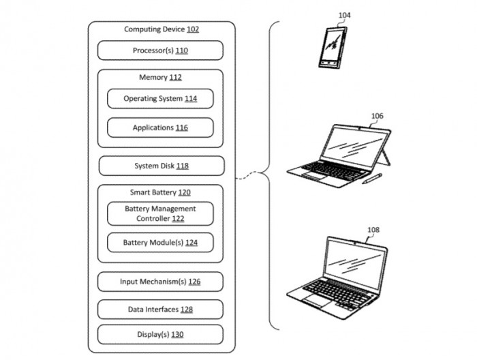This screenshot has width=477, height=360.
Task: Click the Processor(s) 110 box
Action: pyautogui.click(x=160, y=50)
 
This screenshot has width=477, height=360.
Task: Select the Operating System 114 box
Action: pyautogui.click(x=160, y=99)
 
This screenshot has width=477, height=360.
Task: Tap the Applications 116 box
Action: pyautogui.click(x=160, y=127)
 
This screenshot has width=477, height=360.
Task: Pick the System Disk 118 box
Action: pyautogui.click(x=161, y=166)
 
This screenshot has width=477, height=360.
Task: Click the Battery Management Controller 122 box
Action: pyautogui.click(x=160, y=213)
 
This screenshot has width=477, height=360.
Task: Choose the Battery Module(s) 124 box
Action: pyautogui.click(x=160, y=243)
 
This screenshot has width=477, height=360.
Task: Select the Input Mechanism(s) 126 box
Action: pyautogui.click(x=160, y=282)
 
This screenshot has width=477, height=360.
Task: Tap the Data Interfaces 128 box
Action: pyautogui.click(x=160, y=309)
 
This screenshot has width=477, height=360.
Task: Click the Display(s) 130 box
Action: pyautogui.click(x=160, y=335)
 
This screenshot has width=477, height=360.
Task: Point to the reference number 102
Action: pyautogui.click(x=193, y=29)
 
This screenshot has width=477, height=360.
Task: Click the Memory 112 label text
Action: pyautogui.click(x=160, y=77)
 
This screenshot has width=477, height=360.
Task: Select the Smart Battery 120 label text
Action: pyautogui.click(x=160, y=192)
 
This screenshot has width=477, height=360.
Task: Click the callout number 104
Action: pyautogui.click(x=344, y=15)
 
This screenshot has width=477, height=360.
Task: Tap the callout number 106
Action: pyautogui.click(x=378, y=116)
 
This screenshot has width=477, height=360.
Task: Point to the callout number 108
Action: pyautogui.click(x=373, y=230)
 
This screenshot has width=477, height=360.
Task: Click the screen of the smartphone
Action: pyautogui.click(x=333, y=45)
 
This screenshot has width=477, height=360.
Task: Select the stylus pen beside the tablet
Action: pyautogui.click(x=372, y=179)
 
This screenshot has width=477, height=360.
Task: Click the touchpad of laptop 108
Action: pyautogui.click(x=318, y=301)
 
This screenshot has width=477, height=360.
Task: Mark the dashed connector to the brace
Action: pyautogui.click(x=247, y=175)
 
